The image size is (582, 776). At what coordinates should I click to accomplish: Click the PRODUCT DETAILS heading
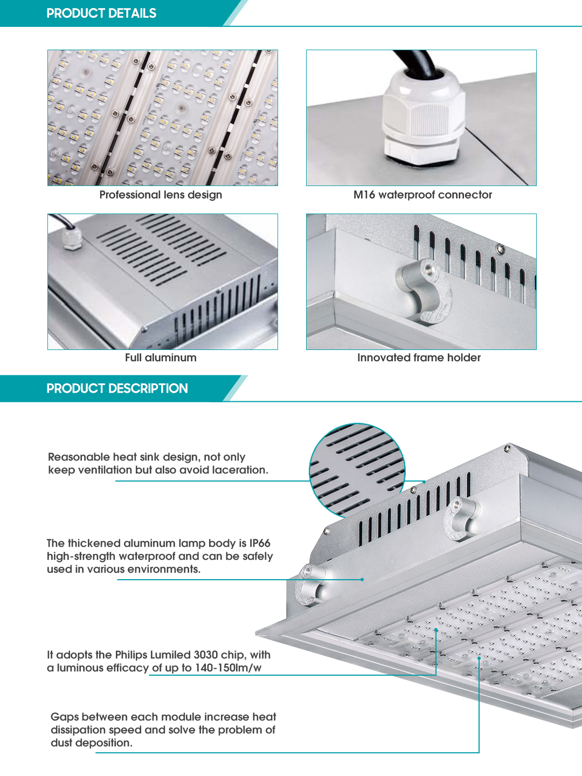(x=101, y=13)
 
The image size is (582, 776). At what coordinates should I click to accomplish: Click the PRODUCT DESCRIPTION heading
(x=117, y=388)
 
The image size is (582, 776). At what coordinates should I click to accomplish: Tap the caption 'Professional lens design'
(x=161, y=195)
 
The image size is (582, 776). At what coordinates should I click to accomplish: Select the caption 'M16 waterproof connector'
(x=422, y=195)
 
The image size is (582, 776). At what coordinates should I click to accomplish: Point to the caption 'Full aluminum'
(x=161, y=358)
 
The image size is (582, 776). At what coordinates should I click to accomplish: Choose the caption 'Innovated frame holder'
(x=419, y=358)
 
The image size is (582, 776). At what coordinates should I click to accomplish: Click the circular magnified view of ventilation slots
(x=357, y=471)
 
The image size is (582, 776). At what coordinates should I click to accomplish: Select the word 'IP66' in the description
(x=260, y=543)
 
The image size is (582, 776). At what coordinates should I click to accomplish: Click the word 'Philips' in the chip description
(x=131, y=655)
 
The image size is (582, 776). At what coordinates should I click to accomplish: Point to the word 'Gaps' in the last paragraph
(x=65, y=717)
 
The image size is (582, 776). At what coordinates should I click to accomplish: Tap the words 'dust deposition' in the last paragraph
(x=92, y=743)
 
